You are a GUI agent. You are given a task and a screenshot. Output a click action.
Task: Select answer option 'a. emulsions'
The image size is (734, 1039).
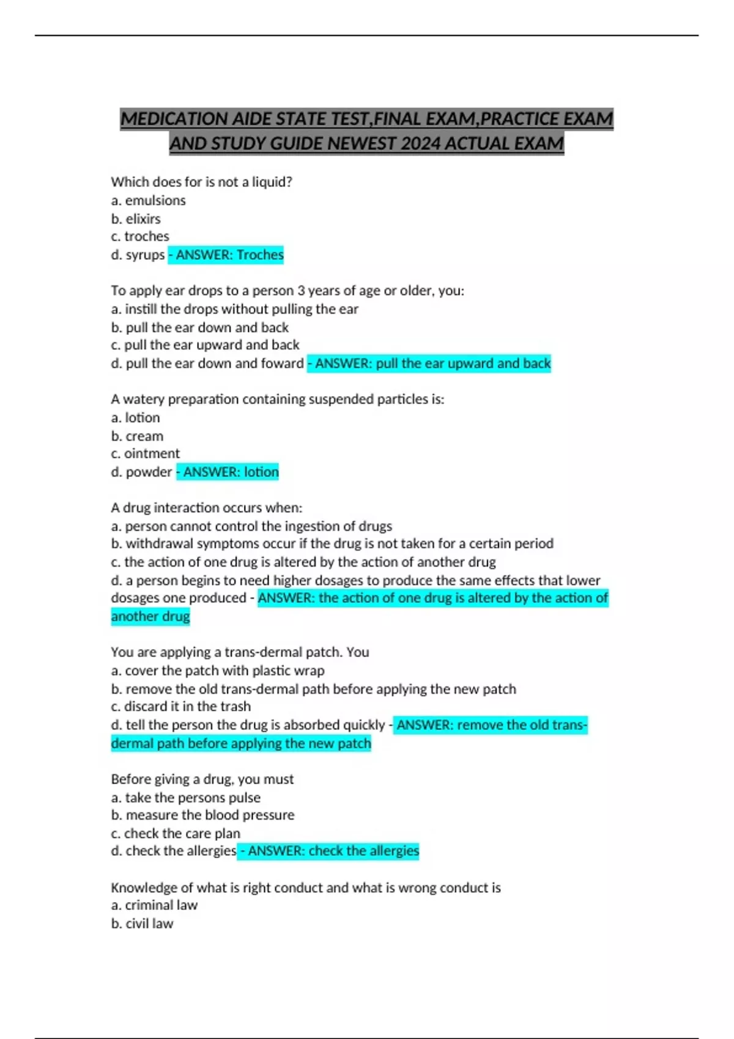click(148, 200)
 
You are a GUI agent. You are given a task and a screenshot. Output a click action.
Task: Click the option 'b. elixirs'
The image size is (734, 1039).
click(136, 219)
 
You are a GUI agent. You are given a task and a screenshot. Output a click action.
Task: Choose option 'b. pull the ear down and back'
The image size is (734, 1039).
click(199, 328)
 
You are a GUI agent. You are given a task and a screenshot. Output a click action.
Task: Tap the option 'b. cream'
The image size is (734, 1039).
click(137, 436)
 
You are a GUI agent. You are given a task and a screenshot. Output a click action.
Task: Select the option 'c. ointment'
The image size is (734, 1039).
click(146, 453)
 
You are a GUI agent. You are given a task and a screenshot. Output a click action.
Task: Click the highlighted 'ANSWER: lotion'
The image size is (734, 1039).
click(228, 472)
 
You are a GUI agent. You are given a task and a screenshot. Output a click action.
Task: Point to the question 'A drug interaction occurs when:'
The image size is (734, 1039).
click(207, 508)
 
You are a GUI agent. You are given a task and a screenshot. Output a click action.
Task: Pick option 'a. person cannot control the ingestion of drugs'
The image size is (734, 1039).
click(251, 526)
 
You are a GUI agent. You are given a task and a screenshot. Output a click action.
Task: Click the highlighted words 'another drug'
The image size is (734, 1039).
click(150, 616)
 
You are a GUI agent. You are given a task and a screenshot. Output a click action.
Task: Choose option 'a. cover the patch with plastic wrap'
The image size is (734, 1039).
click(218, 670)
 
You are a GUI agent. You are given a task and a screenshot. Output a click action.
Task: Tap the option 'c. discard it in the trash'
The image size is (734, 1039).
click(180, 707)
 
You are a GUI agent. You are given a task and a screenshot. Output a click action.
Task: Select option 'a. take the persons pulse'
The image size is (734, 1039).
click(185, 798)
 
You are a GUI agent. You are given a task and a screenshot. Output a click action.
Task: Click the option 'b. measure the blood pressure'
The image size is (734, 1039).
click(202, 815)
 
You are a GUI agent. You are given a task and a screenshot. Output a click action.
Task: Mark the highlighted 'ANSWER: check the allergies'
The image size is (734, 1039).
click(328, 851)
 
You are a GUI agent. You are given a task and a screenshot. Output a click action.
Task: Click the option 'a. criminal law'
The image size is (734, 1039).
click(154, 905)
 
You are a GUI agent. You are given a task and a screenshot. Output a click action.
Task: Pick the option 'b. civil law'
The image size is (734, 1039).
click(142, 923)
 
